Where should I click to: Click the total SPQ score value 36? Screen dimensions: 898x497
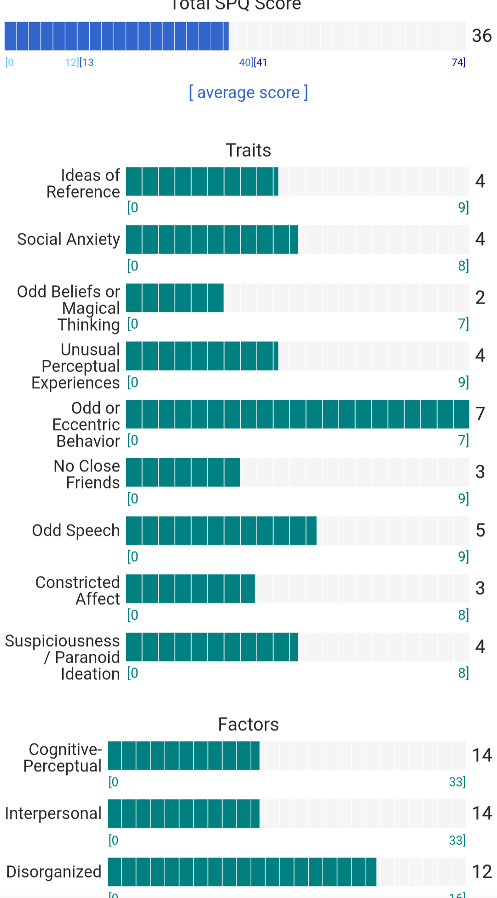[481, 36]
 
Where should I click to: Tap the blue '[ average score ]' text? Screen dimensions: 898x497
[248, 92]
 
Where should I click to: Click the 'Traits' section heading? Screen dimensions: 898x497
[248, 150]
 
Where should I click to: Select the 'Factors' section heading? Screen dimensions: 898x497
[248, 725]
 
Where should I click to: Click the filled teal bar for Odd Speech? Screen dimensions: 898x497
[221, 530]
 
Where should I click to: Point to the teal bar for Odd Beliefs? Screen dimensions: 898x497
[175, 298]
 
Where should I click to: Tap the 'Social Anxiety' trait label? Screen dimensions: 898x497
[69, 239]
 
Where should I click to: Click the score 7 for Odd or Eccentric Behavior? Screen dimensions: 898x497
[480, 414]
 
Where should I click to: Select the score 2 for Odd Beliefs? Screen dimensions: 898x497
[480, 298]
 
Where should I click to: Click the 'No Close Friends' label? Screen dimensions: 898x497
[87, 474]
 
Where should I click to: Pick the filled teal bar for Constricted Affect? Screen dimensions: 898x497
[190, 588]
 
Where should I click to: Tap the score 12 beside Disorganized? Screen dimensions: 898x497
[482, 872]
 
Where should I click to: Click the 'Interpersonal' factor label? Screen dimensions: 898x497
[53, 813]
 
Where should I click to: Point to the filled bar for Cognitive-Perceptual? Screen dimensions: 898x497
[183, 755]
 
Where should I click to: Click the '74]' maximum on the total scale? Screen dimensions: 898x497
[458, 62]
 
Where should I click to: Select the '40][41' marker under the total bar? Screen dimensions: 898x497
[253, 62]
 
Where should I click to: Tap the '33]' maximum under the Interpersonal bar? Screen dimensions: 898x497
[457, 840]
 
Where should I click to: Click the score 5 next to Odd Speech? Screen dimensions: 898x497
[480, 530]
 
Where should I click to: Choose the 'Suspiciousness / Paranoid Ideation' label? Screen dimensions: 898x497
[63, 657]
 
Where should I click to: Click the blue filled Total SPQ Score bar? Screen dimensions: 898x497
[116, 36]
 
